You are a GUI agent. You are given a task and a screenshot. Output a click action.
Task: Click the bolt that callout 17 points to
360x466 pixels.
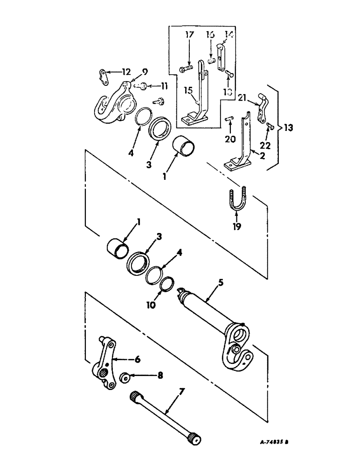click(185, 70)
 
